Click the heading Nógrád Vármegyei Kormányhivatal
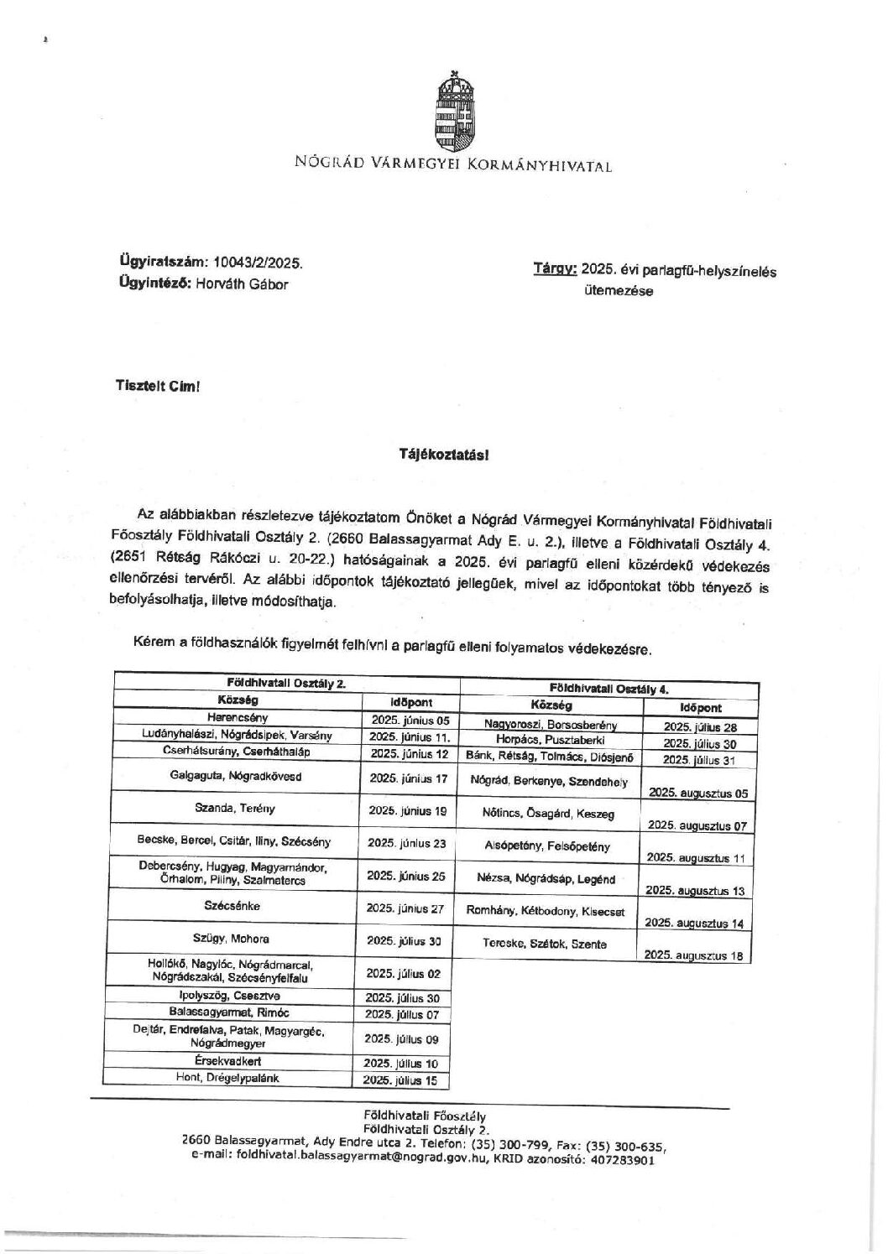pos(453,164)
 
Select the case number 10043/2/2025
pos(259,263)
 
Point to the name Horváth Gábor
pos(242,284)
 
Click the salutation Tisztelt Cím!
pos(158,387)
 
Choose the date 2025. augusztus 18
pos(694,955)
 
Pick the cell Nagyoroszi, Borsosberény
pos(551,724)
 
